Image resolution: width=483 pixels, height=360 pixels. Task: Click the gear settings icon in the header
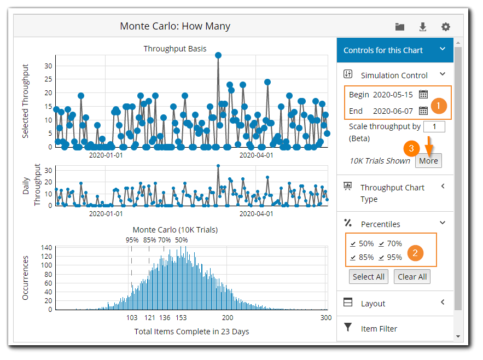[x=446, y=27]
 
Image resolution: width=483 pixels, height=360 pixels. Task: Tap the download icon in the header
[x=423, y=27]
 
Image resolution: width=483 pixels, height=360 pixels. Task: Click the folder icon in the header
[x=400, y=27]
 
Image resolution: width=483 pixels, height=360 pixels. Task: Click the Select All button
[x=368, y=277]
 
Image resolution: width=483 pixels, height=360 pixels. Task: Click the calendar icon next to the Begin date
[x=423, y=94]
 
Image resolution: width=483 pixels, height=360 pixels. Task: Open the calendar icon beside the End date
[x=423, y=111]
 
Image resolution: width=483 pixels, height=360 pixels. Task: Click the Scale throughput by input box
[x=434, y=126]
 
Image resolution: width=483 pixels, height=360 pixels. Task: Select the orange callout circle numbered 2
[x=415, y=252]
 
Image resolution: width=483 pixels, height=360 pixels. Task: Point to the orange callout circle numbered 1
[x=438, y=104]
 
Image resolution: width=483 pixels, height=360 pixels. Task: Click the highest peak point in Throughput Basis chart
[x=218, y=55]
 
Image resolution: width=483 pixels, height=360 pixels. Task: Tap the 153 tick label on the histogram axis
[x=181, y=318]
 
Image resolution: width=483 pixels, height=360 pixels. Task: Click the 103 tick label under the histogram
[x=132, y=318]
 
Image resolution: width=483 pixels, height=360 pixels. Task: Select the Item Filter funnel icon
[x=348, y=328]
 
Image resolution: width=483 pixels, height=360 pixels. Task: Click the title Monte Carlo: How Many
[x=175, y=26]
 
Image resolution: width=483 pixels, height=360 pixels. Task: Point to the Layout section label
[x=373, y=303]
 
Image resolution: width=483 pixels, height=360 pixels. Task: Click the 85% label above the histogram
[x=149, y=240]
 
